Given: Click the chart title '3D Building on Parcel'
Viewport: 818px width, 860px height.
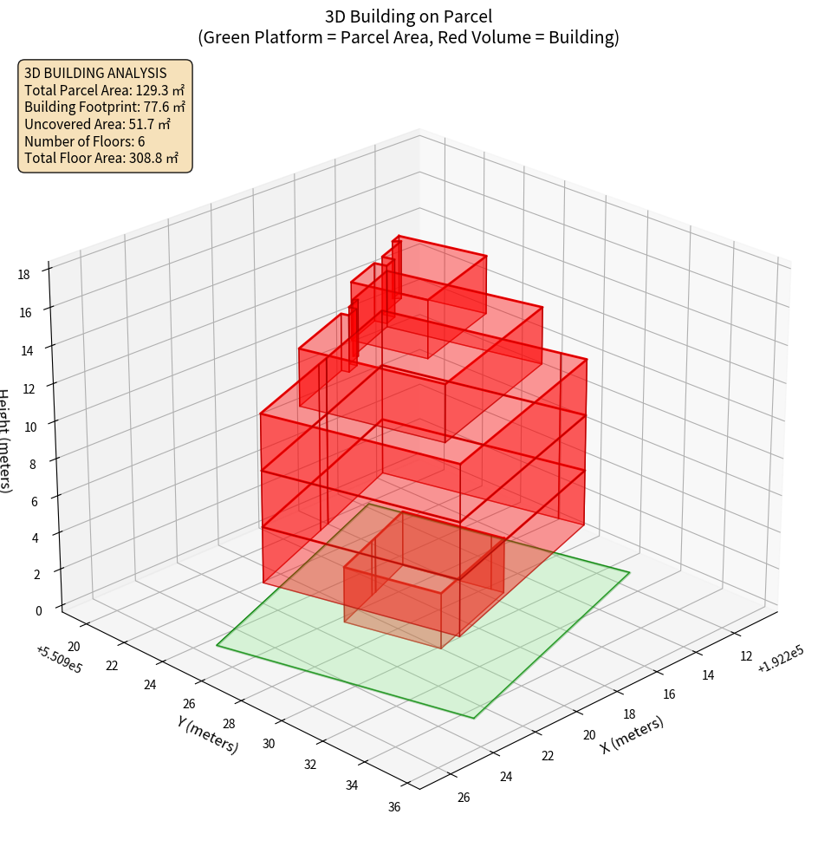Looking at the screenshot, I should (x=409, y=16).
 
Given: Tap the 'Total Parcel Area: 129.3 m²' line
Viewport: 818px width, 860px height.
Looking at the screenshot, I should (x=104, y=90).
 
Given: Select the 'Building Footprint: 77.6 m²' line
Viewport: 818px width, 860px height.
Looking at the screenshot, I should (x=105, y=107).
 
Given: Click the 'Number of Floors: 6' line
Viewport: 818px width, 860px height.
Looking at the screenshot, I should (x=85, y=141).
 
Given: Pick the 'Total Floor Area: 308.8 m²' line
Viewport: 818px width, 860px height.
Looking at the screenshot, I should (x=101, y=159).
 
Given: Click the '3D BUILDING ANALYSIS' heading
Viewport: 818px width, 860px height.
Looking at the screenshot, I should (x=95, y=73).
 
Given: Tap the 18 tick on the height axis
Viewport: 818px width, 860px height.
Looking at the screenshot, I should (x=23, y=275).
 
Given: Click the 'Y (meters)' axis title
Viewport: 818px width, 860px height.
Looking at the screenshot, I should (x=208, y=733).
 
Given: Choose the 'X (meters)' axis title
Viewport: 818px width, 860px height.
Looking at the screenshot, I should (x=632, y=735).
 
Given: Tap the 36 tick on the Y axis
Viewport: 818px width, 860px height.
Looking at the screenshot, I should (x=394, y=808).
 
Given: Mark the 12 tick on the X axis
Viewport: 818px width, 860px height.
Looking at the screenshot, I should (x=747, y=656).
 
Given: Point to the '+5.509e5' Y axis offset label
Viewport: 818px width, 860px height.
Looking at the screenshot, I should (x=59, y=659).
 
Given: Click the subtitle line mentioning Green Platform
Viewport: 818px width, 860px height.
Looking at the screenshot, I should (x=409, y=37).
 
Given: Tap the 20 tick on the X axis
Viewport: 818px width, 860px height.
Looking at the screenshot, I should (x=590, y=735).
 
